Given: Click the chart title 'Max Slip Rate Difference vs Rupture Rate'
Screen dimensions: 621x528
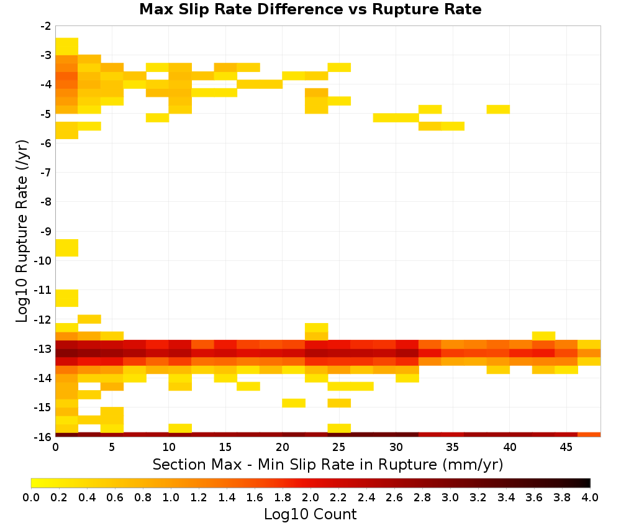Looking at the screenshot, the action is pos(310,9).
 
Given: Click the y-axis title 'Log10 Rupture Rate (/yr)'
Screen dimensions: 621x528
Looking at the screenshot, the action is pos(21,231).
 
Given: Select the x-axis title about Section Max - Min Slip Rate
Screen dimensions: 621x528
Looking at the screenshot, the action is pos(328,464).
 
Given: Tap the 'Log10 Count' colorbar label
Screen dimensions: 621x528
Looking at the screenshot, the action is pos(310,514).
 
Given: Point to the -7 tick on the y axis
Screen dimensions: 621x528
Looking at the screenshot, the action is pos(46,172).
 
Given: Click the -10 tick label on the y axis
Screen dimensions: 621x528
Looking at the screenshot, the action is pos(43,260).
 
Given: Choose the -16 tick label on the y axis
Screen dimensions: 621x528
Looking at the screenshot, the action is pos(43,437).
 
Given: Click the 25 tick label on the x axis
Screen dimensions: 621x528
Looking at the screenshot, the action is pos(339,447).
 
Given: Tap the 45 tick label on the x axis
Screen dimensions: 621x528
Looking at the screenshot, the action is pos(566,447).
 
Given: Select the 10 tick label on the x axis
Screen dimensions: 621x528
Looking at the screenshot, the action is pos(169,447).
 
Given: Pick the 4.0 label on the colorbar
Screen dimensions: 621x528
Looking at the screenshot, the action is pos(590,497).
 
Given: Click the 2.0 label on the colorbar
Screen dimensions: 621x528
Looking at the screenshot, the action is pos(310,497).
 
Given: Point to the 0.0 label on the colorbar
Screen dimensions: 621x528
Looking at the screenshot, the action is pos(31,497).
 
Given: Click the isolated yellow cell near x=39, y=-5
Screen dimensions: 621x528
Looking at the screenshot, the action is pos(498,109).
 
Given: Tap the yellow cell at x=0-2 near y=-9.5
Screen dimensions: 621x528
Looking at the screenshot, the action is pos(66,248).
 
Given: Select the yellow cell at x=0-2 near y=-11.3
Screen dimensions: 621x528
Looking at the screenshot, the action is pos(66,298).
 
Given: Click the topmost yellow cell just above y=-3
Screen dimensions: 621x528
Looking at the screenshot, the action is pos(66,47).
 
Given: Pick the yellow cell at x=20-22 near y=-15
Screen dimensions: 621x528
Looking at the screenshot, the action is pos(294,403).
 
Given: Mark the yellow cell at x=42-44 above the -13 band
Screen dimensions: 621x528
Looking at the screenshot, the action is pos(544,336).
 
